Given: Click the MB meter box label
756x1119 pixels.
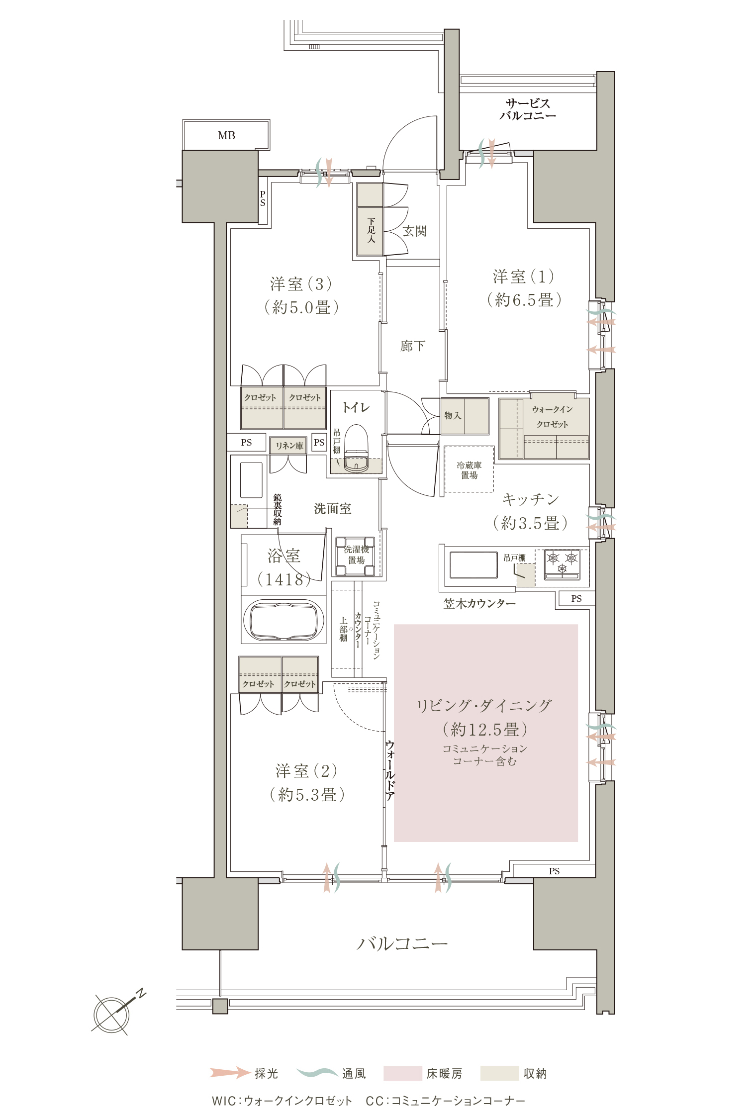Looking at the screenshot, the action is (226, 135).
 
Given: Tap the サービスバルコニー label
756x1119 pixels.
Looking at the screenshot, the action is (528, 109).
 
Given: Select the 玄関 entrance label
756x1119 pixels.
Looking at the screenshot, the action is (415, 231).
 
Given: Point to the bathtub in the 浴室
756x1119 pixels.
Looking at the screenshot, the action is (283, 620).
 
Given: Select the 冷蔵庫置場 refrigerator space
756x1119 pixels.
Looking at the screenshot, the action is (469, 469).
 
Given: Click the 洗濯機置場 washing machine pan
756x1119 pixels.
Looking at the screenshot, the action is (356, 556).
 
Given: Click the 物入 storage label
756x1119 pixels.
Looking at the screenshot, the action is (453, 415).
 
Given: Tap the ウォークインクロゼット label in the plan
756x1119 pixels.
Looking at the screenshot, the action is (552, 417).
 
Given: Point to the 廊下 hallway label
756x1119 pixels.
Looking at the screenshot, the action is (413, 346).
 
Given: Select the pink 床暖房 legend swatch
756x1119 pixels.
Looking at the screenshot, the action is (402, 1073).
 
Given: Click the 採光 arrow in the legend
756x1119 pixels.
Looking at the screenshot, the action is (230, 1073).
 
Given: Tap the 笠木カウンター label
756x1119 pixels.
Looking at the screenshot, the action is (479, 603).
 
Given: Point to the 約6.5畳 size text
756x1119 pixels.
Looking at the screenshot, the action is (524, 300).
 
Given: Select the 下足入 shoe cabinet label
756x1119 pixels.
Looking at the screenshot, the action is (371, 230).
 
